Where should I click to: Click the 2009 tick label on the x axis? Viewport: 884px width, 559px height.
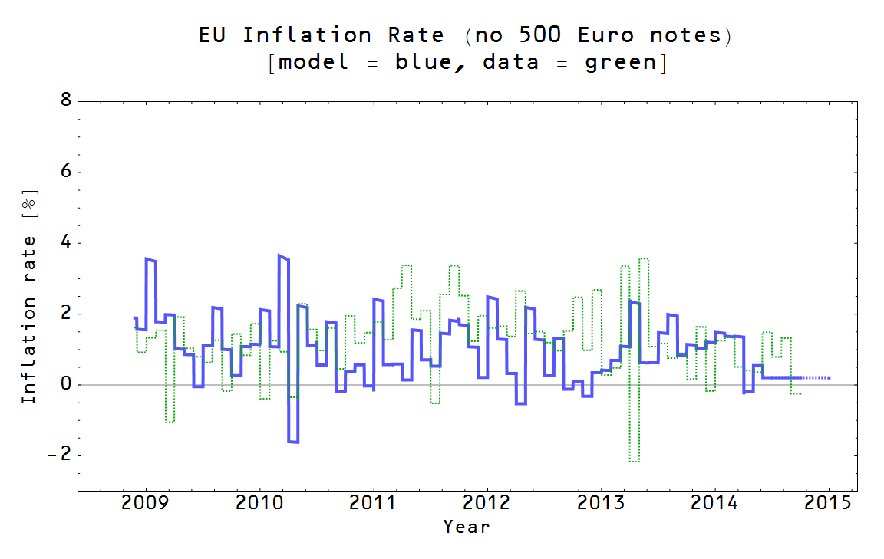coord(145,504)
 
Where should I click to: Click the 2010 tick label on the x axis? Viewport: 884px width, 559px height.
coord(259,504)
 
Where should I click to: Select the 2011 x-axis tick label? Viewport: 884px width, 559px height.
coord(373,504)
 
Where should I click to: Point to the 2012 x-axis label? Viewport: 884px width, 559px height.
coord(487,504)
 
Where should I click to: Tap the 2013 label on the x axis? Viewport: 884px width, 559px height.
coord(601,504)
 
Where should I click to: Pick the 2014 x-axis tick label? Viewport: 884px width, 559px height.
coord(714,504)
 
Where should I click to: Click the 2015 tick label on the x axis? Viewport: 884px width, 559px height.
coord(829,504)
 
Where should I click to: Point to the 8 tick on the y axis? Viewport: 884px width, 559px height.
coord(66,100)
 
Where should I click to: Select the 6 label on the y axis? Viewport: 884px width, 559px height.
coord(66,172)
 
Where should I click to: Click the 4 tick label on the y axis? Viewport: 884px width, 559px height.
coord(66,242)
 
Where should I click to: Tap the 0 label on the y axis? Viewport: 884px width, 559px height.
coord(66,384)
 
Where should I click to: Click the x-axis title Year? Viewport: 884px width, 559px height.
coord(466,527)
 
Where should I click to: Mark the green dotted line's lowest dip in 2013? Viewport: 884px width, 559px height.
coord(634,461)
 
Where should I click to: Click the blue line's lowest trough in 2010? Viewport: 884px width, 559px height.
coord(292,442)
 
